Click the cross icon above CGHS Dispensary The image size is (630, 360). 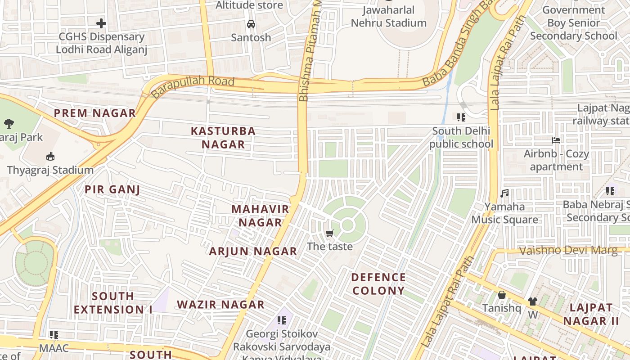point(101,23)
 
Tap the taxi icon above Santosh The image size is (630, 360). point(251,24)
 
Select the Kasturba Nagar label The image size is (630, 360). point(223,138)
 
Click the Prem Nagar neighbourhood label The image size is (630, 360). point(95,113)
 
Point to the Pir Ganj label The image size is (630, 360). point(112,189)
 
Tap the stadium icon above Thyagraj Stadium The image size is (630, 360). point(50,157)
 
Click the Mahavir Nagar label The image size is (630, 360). point(260,216)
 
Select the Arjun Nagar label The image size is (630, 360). point(253,251)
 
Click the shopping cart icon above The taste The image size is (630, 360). point(330,233)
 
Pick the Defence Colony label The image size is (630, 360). point(378,283)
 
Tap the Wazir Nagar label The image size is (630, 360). point(220,304)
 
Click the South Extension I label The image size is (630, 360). point(113,302)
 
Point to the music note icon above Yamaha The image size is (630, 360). point(504,193)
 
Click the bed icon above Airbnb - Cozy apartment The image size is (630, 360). point(556,140)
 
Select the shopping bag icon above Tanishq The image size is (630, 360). point(501,295)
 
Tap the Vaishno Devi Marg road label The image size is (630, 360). point(568,250)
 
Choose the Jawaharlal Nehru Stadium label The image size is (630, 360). point(388,16)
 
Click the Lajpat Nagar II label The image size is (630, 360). point(591,314)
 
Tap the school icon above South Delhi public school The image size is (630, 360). point(461,117)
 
